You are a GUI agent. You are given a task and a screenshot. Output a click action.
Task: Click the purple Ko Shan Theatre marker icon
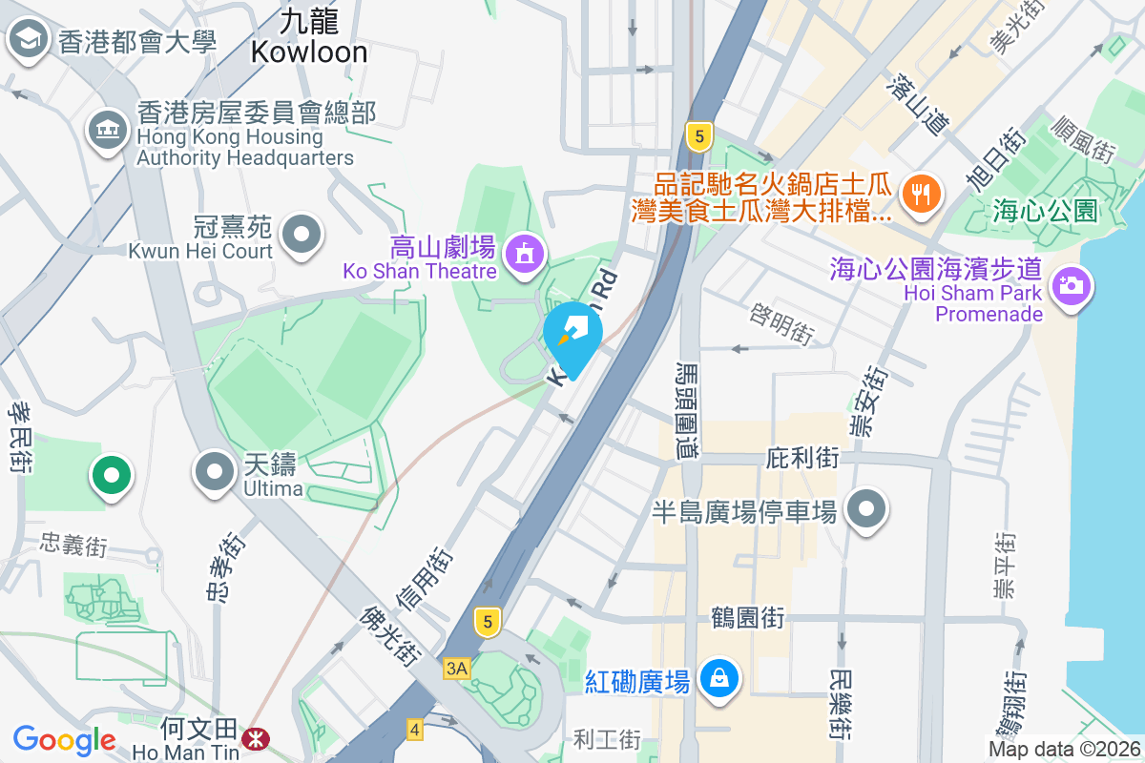(x=524, y=254)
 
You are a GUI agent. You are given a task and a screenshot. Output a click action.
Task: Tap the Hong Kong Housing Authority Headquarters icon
(x=107, y=131)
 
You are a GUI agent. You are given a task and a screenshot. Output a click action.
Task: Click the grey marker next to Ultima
(x=215, y=471)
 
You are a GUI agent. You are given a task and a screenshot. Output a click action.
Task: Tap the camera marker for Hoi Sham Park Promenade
(x=1071, y=284)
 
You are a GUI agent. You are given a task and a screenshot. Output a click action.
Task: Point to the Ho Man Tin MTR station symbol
(x=255, y=737)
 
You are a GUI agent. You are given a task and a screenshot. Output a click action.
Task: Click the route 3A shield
(x=456, y=669)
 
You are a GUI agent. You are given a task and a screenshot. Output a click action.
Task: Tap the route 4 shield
(x=414, y=730)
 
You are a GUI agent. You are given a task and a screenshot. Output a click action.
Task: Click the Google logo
(x=65, y=740)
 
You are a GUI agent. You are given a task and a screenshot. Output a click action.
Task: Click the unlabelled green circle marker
(x=111, y=474)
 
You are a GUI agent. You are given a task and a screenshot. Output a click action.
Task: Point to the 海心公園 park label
(x=1046, y=210)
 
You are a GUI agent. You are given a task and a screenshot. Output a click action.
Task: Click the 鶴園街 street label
(x=747, y=617)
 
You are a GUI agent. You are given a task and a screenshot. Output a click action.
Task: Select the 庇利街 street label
(x=802, y=459)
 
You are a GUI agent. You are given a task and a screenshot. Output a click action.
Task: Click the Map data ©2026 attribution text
(x=1064, y=749)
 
